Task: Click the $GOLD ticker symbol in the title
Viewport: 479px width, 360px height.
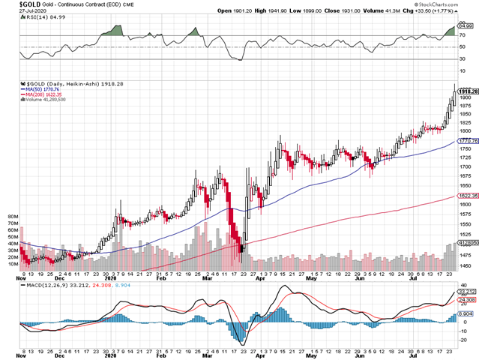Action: [13, 4]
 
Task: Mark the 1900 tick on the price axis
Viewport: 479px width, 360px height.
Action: [466, 98]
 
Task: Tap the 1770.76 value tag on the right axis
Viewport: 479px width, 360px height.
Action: [469, 140]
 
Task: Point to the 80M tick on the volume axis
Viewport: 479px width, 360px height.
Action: [13, 215]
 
